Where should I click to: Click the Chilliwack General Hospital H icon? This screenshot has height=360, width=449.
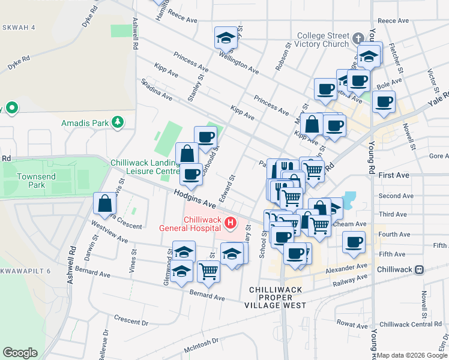[229, 224]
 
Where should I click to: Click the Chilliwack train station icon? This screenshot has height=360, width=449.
[420, 269]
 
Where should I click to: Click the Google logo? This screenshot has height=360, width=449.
[20, 353]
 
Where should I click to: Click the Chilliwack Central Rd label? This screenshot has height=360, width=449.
[411, 324]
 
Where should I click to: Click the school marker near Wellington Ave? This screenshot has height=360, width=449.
[226, 37]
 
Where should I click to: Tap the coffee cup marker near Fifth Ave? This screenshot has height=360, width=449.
[354, 242]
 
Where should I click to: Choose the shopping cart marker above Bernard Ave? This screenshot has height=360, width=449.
[208, 271]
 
